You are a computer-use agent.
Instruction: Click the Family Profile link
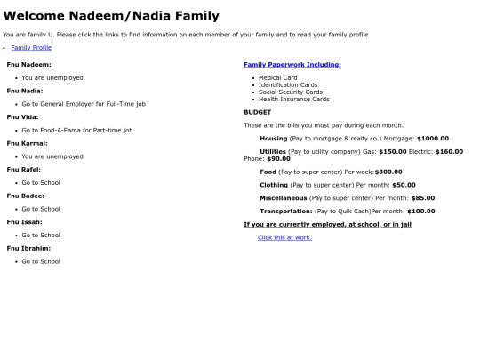point(31,47)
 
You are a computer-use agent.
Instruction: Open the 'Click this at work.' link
point(284,237)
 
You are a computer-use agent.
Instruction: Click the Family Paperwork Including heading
point(292,65)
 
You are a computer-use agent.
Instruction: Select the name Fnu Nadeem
point(28,65)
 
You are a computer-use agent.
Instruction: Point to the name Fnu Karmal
point(27,143)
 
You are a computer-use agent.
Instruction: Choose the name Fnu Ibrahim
point(28,248)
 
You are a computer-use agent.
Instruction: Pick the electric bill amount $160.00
point(449,152)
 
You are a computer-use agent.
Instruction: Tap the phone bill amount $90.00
point(278,159)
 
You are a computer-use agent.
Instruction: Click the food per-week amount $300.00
point(388,172)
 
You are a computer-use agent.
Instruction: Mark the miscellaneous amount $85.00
point(423,198)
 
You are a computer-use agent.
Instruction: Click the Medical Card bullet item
point(277,78)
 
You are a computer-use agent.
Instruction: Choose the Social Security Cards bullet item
point(291,92)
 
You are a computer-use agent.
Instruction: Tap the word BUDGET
point(258,112)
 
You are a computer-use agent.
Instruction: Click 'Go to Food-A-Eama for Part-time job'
point(77,131)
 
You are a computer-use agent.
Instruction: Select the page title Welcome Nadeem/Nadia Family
point(111,16)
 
